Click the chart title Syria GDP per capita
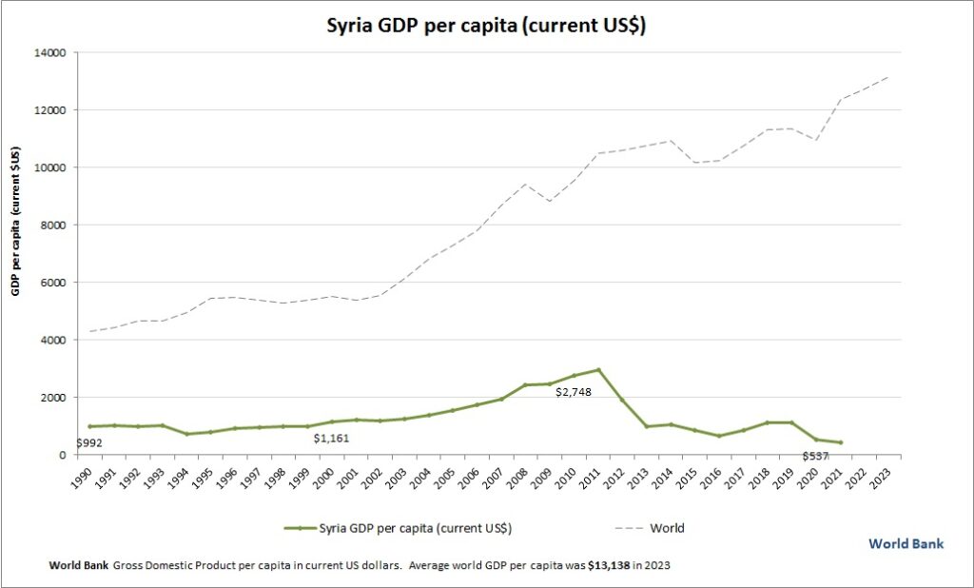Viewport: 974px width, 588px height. coord(487,26)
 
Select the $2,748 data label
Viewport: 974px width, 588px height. coord(575,391)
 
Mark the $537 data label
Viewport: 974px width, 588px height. coord(815,456)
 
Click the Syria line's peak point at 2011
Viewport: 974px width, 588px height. coord(598,369)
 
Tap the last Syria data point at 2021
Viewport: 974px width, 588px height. coord(840,442)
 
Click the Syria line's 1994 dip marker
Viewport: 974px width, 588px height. coord(186,434)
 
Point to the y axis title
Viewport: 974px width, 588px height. coord(16,222)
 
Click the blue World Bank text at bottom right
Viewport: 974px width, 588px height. coord(906,543)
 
